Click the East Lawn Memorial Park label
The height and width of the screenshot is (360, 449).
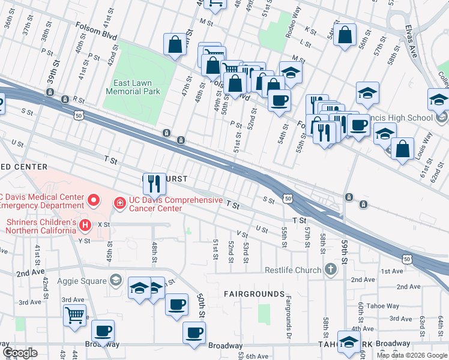coord(133,87)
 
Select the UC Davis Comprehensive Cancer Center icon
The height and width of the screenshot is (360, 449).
coord(120,204)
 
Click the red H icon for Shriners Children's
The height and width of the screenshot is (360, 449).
coord(85,225)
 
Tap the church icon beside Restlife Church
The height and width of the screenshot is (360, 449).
coord(330,269)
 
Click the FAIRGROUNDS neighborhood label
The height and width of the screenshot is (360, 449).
coord(254,294)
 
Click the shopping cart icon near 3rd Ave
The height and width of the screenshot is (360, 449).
coord(74,314)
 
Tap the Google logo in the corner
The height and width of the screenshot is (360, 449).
coord(20,353)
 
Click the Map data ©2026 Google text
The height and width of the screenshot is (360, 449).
coord(411,355)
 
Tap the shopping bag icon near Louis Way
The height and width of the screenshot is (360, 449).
coord(402,148)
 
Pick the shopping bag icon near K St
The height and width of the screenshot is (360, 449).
coord(346,34)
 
